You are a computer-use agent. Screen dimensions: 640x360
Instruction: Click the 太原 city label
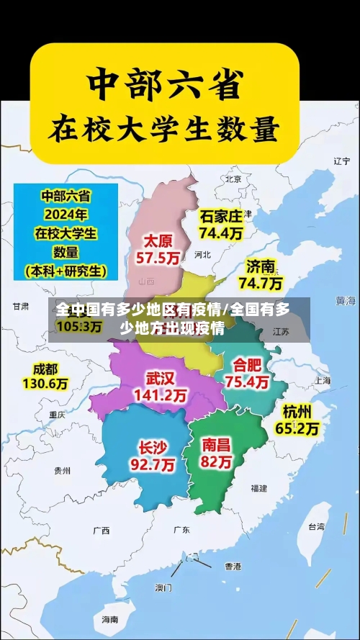(x=158, y=240)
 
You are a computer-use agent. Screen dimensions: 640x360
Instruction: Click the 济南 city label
(x=261, y=266)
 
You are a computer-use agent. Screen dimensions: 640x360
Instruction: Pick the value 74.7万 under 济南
(x=261, y=283)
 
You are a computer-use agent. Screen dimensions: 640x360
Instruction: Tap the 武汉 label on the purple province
(x=161, y=378)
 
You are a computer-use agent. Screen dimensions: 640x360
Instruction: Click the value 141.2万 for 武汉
(x=161, y=395)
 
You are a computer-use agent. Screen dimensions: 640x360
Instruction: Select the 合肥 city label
(x=247, y=365)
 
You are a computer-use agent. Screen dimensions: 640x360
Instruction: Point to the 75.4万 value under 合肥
(x=247, y=382)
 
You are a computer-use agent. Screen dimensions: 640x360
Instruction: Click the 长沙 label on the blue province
(x=153, y=447)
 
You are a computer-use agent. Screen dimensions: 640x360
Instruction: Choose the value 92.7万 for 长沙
(x=153, y=465)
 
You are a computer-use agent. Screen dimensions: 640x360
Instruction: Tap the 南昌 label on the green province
(x=216, y=444)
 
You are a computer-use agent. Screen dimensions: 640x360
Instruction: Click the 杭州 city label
(x=297, y=412)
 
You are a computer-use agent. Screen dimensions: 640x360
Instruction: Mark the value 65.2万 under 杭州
(x=297, y=429)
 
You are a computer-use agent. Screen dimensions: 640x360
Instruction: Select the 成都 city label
(x=45, y=369)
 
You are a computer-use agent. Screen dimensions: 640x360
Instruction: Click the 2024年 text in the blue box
(x=65, y=214)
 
